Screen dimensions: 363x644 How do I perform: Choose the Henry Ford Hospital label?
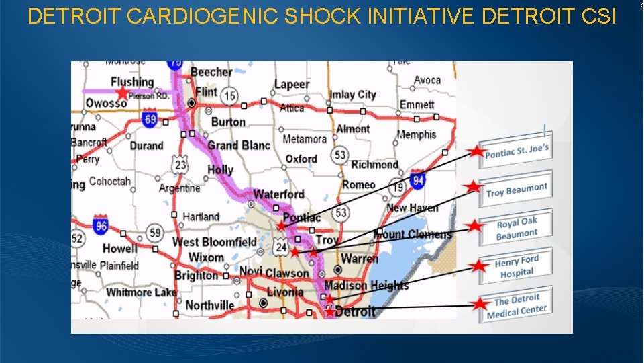(517, 267)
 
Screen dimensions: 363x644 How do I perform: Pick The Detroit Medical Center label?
(517, 307)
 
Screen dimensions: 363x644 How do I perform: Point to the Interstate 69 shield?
(150, 120)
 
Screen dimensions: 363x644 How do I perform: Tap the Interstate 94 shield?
(417, 179)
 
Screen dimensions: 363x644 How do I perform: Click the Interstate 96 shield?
(101, 225)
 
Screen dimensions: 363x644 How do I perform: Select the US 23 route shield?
(180, 163)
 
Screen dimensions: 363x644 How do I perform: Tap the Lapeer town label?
(292, 85)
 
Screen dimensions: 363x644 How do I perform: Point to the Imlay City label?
(353, 95)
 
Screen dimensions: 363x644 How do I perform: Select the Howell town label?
(119, 249)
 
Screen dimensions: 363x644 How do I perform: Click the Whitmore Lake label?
(142, 292)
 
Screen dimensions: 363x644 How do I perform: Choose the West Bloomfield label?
(215, 242)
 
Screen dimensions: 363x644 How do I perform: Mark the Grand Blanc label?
(238, 145)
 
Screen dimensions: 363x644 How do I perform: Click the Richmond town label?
(374, 165)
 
